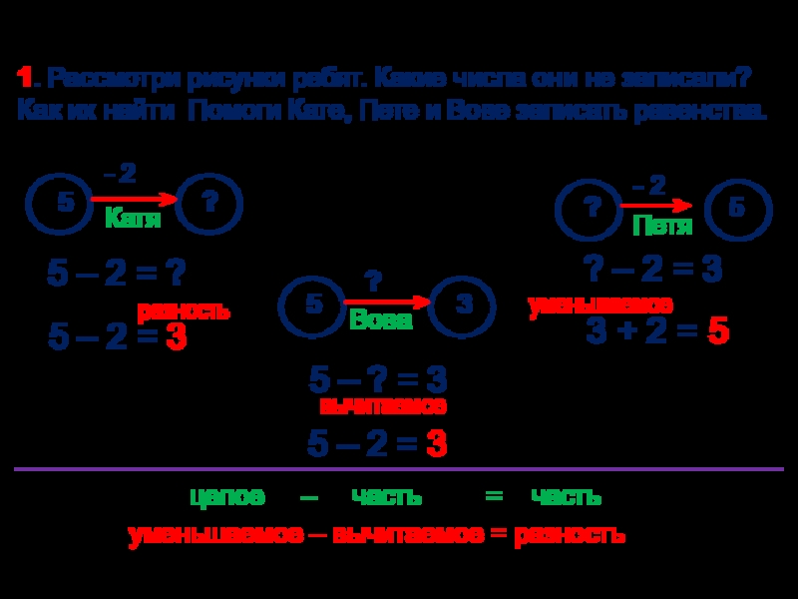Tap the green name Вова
tap(380, 320)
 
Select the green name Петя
tap(662, 227)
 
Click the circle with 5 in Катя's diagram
tap(66, 203)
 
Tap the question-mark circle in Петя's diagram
tap(592, 208)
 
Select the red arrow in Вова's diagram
tap(387, 301)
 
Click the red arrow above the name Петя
tap(655, 206)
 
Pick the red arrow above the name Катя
tap(135, 200)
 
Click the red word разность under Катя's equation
tap(184, 311)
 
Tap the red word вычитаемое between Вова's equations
tap(383, 406)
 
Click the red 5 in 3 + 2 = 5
tap(718, 332)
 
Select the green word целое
tap(227, 496)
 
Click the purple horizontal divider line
tap(399, 469)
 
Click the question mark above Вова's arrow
tap(374, 282)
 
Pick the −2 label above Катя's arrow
tap(120, 175)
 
